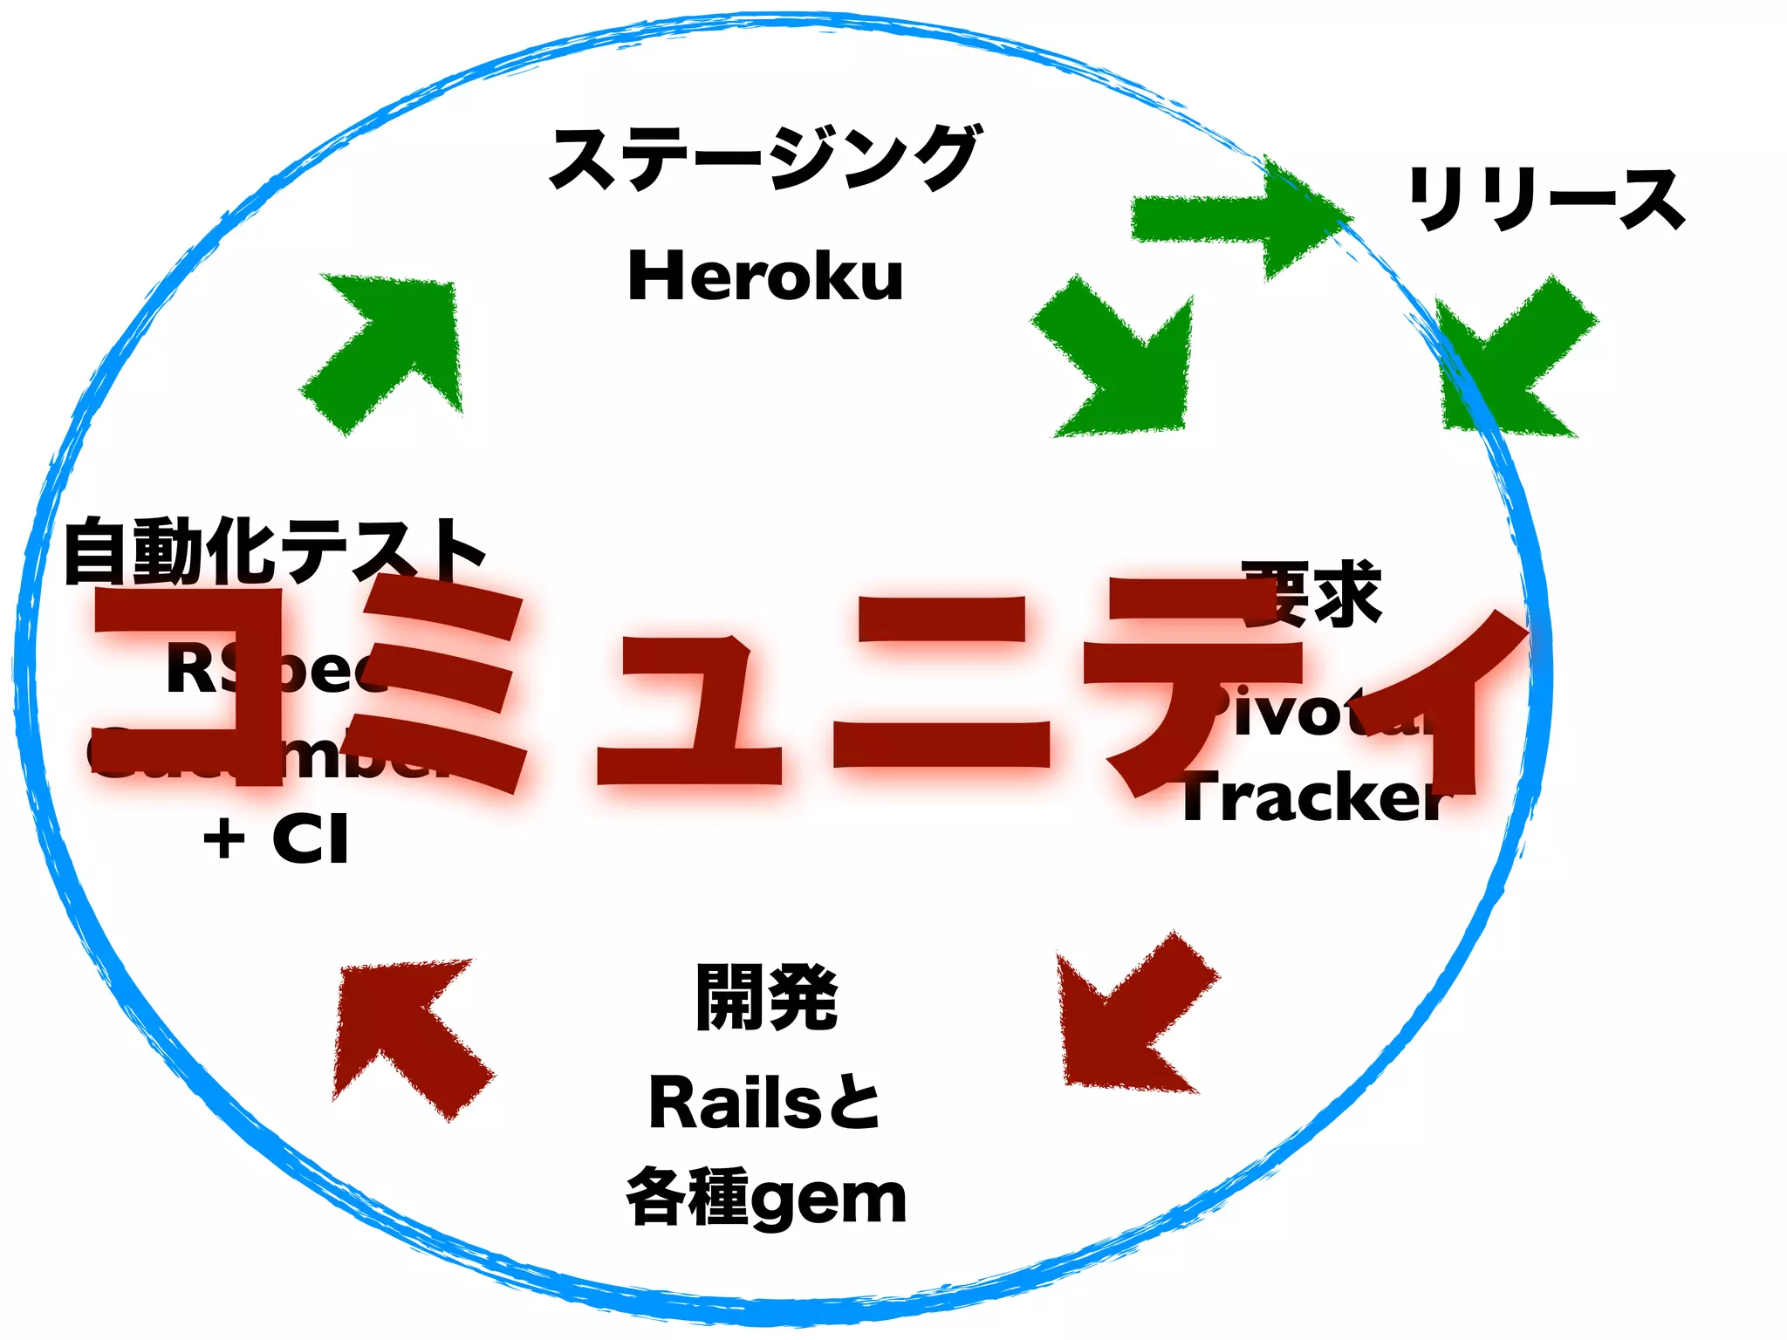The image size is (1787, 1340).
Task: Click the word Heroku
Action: (765, 277)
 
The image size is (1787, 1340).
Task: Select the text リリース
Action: (1545, 200)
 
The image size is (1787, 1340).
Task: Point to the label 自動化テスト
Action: (274, 551)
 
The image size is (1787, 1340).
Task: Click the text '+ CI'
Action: (276, 838)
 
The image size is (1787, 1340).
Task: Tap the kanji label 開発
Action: (766, 998)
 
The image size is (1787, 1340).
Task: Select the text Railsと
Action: (764, 1103)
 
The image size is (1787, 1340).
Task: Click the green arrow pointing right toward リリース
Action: (1239, 218)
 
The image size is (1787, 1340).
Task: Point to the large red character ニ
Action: (942, 689)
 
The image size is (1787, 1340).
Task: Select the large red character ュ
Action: (689, 711)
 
